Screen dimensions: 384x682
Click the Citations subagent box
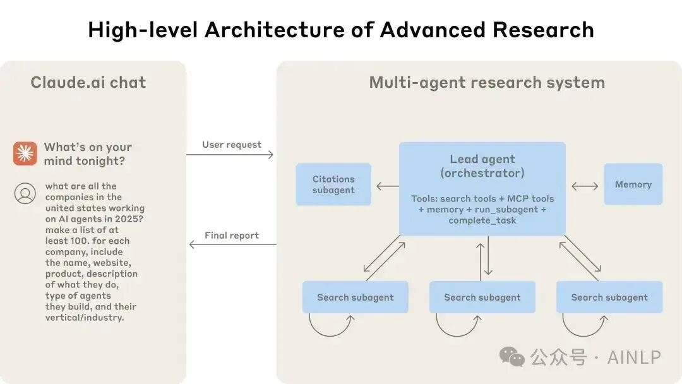(x=333, y=184)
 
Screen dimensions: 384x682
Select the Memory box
(x=633, y=184)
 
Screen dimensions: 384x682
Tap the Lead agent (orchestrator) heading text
(x=482, y=166)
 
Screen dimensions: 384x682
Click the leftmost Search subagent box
(x=355, y=297)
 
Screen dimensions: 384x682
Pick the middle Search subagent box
(x=482, y=297)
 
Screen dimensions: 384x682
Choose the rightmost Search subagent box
(x=609, y=297)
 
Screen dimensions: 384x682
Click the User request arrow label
(x=231, y=145)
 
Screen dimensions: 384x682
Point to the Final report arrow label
(x=231, y=236)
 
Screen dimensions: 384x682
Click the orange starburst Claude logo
(x=25, y=153)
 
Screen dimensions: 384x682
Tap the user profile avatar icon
(x=25, y=193)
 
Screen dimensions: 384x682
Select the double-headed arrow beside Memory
(x=585, y=186)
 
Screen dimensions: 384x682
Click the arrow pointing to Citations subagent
(x=388, y=186)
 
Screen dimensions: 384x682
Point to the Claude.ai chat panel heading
(x=88, y=82)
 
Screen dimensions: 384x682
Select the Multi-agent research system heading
(x=486, y=82)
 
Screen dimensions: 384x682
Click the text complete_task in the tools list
(x=482, y=220)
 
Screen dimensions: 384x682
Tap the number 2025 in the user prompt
(x=131, y=219)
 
